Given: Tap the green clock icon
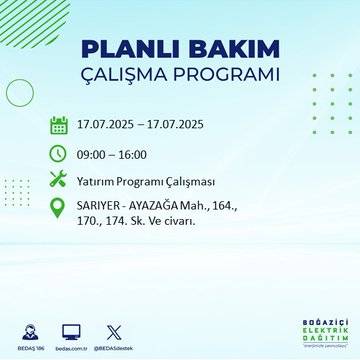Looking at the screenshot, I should tap(58, 153).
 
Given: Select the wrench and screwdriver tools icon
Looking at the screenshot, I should tap(58, 181).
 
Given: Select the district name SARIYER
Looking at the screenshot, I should tap(100, 206).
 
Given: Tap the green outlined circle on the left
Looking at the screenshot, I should tap(20, 92).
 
